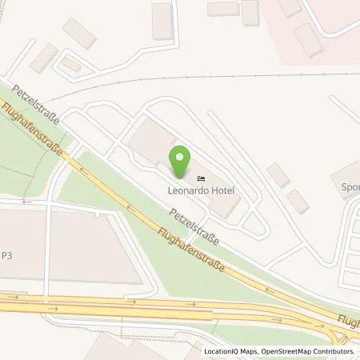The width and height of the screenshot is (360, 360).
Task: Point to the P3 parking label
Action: point(6,257)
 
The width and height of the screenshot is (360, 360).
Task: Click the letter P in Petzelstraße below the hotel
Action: point(170,211)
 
